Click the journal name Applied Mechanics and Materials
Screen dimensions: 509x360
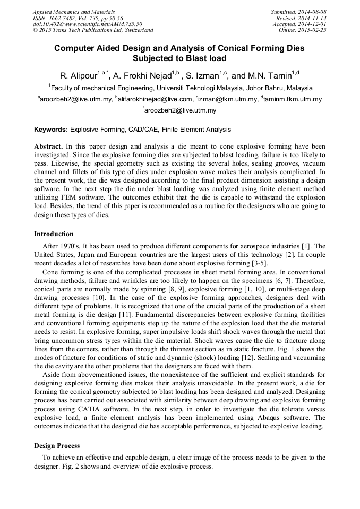click(x=74, y=12)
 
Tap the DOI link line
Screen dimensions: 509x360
click(x=87, y=24)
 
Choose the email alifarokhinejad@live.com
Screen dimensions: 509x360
click(x=155, y=99)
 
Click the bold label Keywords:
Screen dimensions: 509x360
click(x=51, y=129)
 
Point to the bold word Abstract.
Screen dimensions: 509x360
click(x=48, y=145)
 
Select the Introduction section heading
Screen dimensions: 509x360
click(x=54, y=234)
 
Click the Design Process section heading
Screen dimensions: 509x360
click(x=57, y=445)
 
